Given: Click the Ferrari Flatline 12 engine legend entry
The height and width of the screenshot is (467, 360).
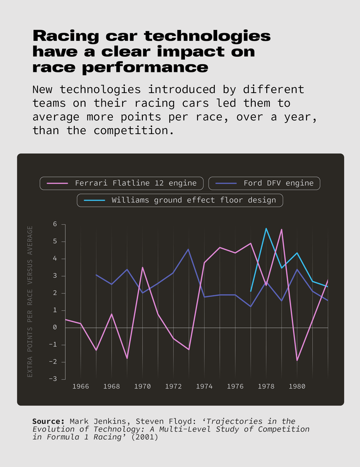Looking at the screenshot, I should [122, 183].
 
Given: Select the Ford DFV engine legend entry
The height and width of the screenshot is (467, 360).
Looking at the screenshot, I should [264, 183].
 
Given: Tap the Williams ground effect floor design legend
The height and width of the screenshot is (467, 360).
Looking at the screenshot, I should [180, 200].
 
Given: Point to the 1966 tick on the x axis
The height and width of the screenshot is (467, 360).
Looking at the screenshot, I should [81, 386].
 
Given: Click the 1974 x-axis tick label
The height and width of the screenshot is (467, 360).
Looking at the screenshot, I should [204, 386].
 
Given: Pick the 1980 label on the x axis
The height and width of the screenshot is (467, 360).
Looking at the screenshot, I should [297, 386].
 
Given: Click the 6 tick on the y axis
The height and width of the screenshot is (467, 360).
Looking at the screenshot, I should [55, 224].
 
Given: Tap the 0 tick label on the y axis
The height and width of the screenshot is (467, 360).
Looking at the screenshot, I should [55, 327].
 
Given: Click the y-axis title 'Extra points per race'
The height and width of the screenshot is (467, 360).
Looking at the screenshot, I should [31, 301].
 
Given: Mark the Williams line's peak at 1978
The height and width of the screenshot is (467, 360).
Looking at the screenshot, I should [266, 228].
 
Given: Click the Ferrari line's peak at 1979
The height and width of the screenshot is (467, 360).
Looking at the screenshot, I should [281, 229].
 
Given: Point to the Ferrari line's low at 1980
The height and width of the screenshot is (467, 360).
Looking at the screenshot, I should [297, 360].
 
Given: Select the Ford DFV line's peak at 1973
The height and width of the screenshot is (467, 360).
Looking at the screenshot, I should [188, 250].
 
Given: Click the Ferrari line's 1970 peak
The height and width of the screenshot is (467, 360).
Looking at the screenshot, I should [142, 267].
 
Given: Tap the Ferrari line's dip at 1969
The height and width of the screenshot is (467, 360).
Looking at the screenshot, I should [127, 358].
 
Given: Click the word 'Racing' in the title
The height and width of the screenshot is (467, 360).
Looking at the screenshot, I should [65, 37].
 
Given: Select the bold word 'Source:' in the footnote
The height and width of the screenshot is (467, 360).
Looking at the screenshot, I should [48, 421].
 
